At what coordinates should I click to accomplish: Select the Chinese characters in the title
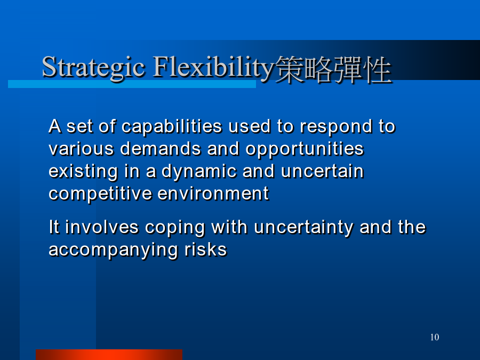tap(333, 69)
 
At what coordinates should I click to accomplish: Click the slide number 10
tap(434, 337)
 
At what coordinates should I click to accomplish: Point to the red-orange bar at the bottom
tap(109, 355)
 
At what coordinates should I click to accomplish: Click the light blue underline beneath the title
tap(132, 84)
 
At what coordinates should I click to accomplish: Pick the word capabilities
tap(172, 127)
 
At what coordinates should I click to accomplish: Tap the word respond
tap(335, 127)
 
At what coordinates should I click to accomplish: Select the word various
tap(81, 149)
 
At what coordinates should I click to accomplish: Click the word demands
tap(160, 149)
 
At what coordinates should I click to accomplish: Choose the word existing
tap(83, 171)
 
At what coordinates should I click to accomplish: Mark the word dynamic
tap(199, 171)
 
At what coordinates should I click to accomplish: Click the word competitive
tap(100, 194)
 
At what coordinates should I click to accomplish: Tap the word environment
tap(213, 194)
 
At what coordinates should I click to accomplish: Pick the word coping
tap(175, 228)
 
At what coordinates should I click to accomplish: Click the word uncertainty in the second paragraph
tap(303, 228)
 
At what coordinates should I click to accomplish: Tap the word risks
tap(205, 249)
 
